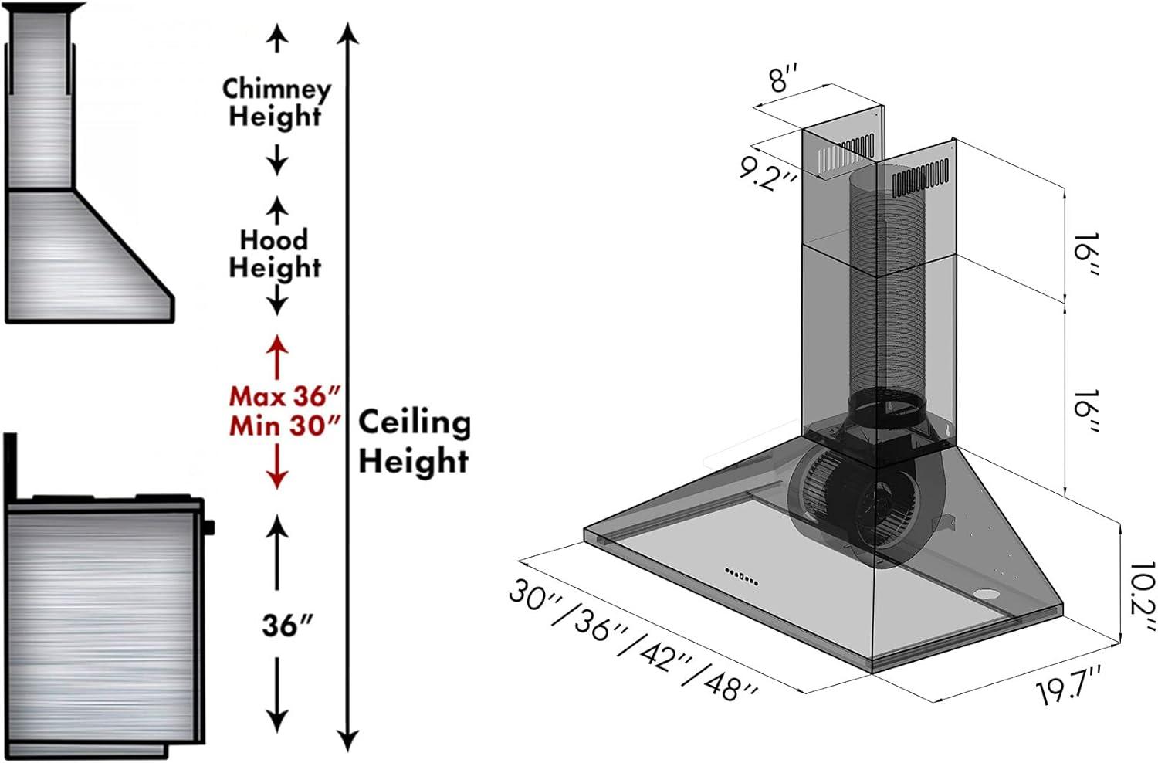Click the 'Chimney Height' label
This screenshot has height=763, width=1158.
pos(276,103)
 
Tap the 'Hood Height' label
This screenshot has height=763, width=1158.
pos(275,253)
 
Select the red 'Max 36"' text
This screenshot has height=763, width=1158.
pos(285,396)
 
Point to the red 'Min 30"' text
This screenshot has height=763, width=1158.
pos(285,426)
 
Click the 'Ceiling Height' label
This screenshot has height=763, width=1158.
pos(415,441)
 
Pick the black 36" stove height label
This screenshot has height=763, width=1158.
pos(287,625)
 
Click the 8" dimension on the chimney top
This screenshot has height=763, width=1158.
pos(784,77)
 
